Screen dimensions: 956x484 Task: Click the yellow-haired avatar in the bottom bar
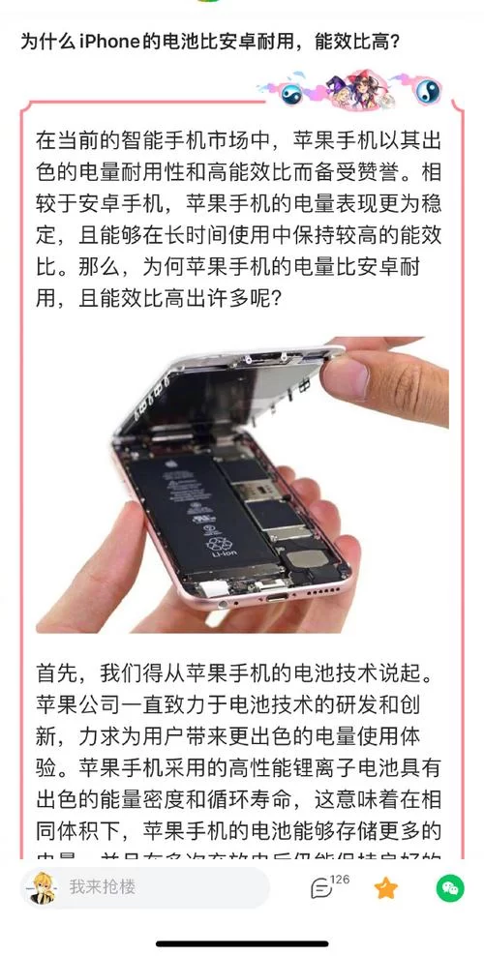(38, 887)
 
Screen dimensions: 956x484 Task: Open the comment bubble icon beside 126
(320, 888)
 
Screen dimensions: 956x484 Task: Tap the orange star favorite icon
(386, 887)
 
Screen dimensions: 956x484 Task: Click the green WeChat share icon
(449, 887)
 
